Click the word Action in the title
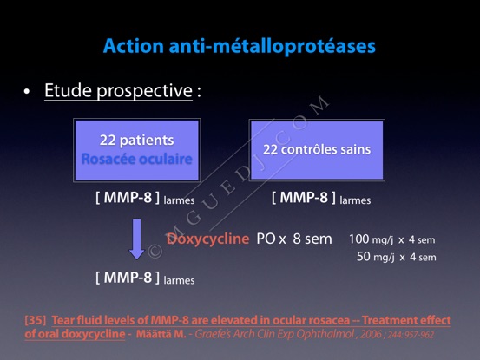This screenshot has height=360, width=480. click(134, 46)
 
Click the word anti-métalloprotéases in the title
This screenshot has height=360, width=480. click(273, 47)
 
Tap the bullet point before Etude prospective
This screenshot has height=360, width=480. click(27, 91)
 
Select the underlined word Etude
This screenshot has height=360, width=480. click(68, 90)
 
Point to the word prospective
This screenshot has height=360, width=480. click(144, 91)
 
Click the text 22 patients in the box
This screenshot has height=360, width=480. click(137, 140)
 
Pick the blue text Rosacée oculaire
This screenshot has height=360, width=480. click(137, 159)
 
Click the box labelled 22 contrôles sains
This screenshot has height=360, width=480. click(317, 150)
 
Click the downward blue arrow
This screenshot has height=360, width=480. click(136, 239)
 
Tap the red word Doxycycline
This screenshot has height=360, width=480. click(207, 239)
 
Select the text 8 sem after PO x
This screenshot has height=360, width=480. click(312, 239)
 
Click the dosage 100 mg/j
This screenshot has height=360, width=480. click(371, 239)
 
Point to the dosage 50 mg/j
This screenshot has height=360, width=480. click(375, 257)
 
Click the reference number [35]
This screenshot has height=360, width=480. click(36, 320)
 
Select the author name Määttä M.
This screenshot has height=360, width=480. click(161, 334)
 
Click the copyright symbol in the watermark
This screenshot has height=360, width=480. click(155, 251)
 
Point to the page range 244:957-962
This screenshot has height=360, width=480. click(411, 334)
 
